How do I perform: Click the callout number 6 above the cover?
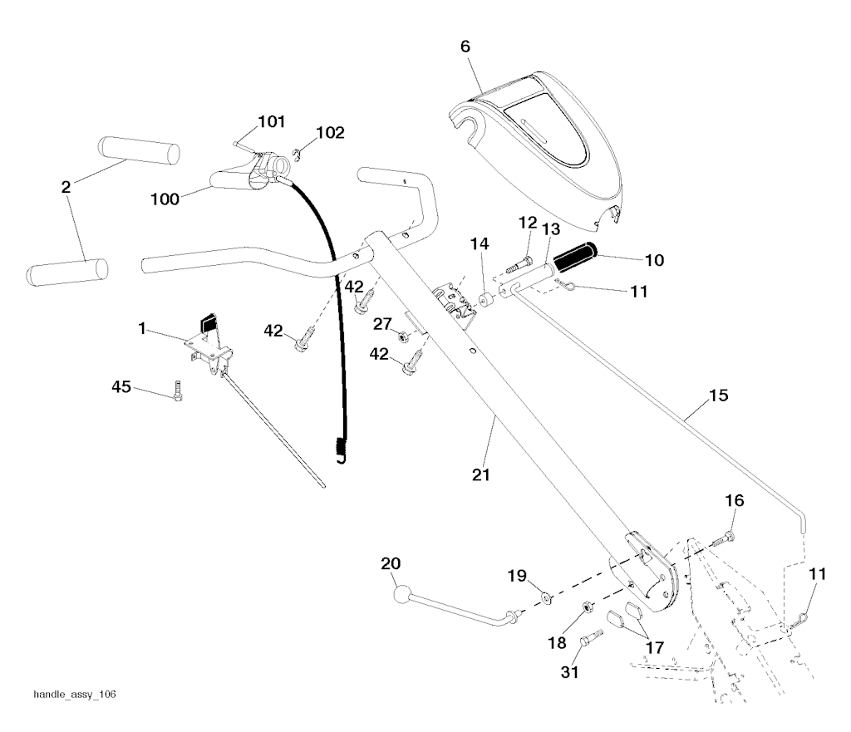coord(465,47)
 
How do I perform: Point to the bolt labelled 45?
coord(177,391)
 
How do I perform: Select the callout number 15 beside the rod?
coord(719,395)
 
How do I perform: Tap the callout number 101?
coord(270,123)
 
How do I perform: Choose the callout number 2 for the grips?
coord(66,187)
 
